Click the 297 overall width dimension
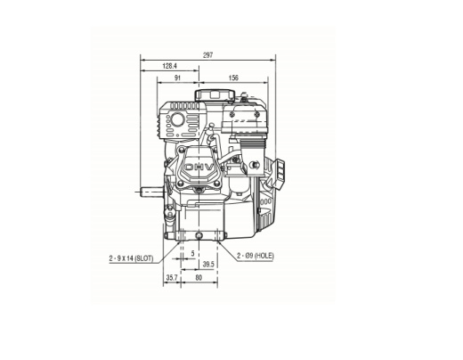(x=207, y=55)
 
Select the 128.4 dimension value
(x=169, y=66)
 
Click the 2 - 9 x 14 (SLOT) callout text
(x=132, y=257)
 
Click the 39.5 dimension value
(x=207, y=265)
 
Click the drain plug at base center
(x=198, y=233)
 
